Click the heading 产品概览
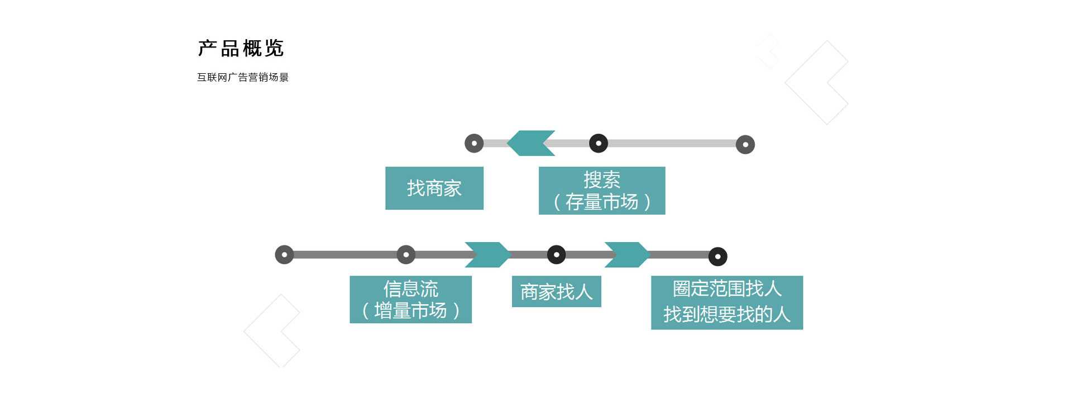241,49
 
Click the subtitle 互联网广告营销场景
243,77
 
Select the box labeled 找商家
434,188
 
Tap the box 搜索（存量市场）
602,191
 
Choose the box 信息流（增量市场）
410,300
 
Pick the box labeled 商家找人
556,291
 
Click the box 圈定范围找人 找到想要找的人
726,302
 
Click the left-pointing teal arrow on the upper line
531,143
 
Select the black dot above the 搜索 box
599,143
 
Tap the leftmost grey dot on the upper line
474,143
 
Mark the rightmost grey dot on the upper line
745,145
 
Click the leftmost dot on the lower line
284,255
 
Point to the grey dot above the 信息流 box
406,255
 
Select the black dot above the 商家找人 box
556,255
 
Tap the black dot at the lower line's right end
718,257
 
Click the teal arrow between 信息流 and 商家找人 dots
487,255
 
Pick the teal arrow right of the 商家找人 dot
627,255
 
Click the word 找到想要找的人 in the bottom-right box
726,315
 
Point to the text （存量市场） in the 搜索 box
602,202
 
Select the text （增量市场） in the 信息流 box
410,311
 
